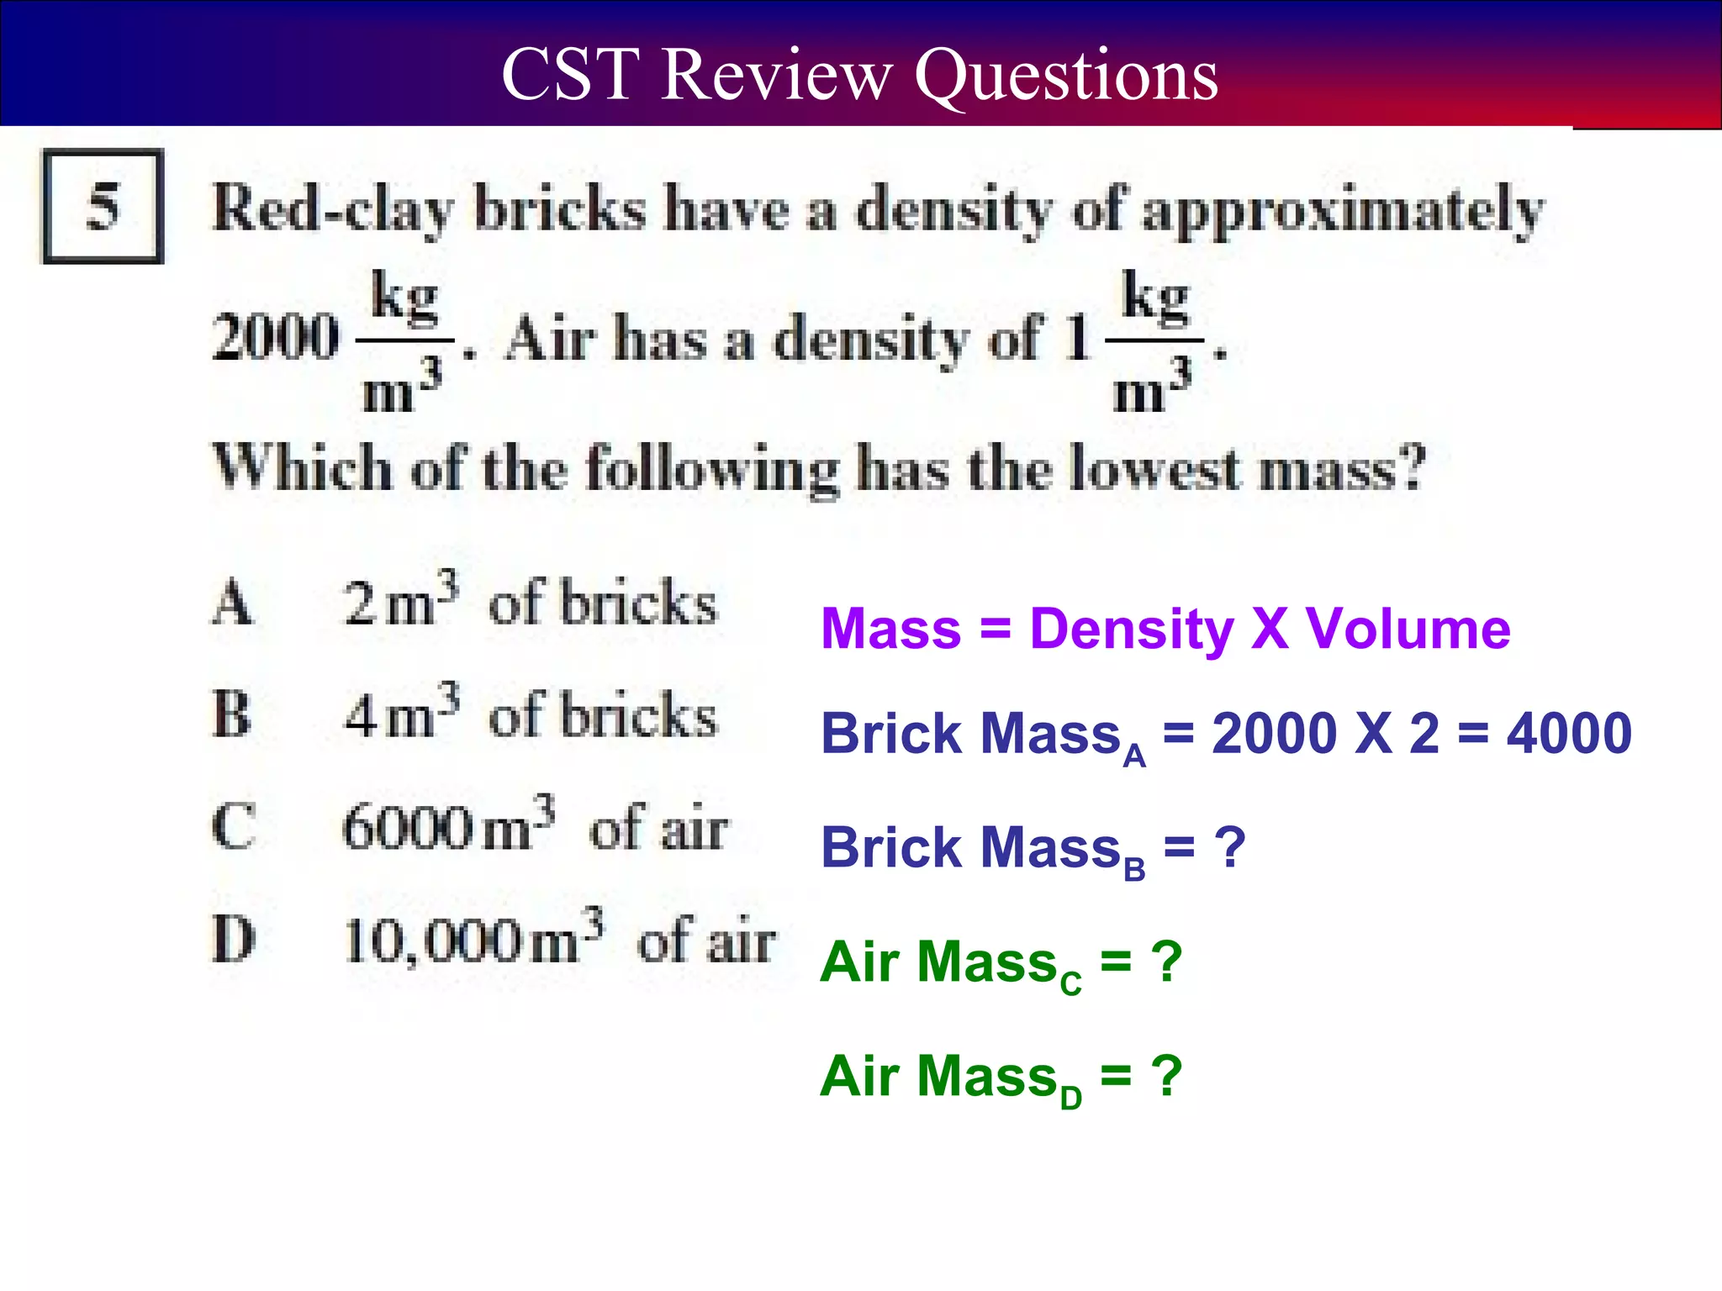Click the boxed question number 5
103,206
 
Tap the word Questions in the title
1065,76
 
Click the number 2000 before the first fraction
276,336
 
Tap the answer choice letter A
231,603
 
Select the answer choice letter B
231,714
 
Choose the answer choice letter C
232,827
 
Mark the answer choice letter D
233,939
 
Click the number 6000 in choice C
408,828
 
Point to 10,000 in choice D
433,941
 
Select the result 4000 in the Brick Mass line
1569,734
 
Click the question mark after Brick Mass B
1230,847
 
